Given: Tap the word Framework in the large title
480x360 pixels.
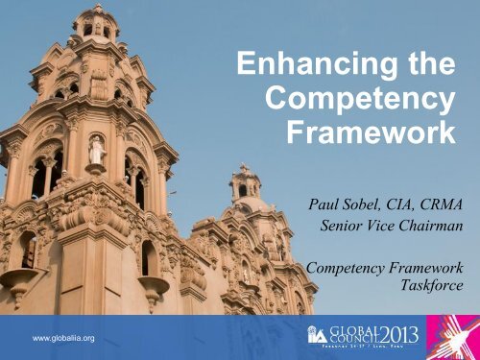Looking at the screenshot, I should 371,133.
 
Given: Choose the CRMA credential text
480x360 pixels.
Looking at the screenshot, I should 428,205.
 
